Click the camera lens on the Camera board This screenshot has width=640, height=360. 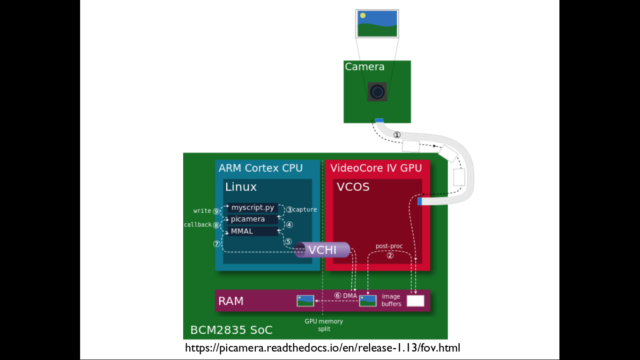(x=377, y=91)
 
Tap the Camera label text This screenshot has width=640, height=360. (x=365, y=67)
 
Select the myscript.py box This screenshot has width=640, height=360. (x=253, y=208)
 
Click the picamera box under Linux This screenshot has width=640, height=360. (x=248, y=219)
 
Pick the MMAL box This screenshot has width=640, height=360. (x=242, y=231)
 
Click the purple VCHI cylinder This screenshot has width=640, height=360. (x=322, y=250)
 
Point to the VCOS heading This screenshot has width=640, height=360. (x=353, y=187)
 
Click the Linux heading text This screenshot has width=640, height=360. (x=241, y=187)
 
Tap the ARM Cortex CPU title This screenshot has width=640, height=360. (x=260, y=168)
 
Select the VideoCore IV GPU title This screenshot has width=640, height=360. (x=376, y=168)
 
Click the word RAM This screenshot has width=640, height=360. (x=231, y=301)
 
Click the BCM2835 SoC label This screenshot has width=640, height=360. (x=231, y=330)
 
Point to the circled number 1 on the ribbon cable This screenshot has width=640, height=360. (x=397, y=135)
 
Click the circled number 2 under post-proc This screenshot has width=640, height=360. (x=390, y=255)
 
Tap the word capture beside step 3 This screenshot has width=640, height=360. (x=305, y=210)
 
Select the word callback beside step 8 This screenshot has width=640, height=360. (x=198, y=225)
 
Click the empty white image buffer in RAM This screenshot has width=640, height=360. (x=415, y=301)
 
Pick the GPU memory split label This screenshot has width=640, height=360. (x=324, y=325)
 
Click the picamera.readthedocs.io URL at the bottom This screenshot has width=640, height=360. (x=323, y=348)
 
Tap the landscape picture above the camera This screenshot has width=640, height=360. (x=377, y=23)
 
